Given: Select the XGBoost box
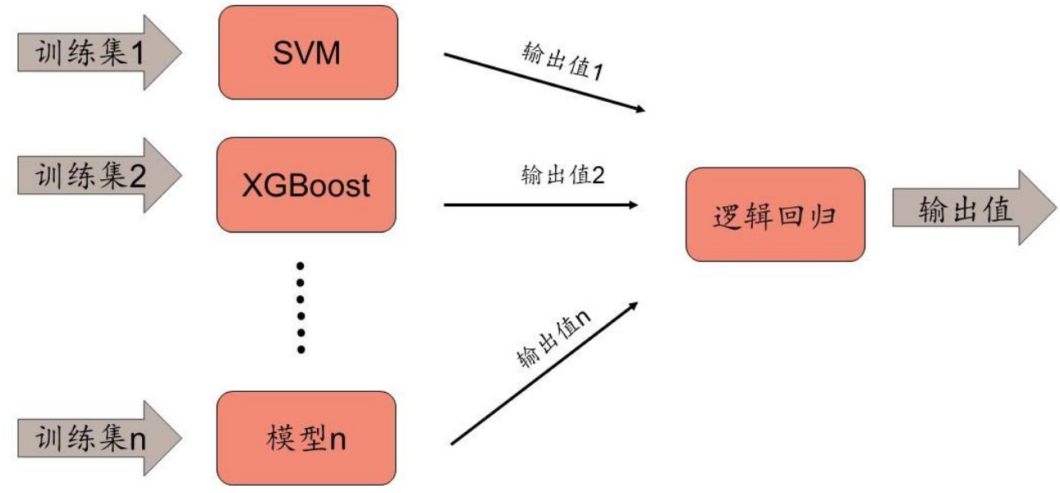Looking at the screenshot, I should (306, 185).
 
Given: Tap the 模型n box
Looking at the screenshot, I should (306, 438).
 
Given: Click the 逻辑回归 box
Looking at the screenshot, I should (775, 214).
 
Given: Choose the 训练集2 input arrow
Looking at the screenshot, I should (99, 175).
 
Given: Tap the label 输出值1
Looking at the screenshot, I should (562, 59).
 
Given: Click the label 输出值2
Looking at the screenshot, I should (562, 175).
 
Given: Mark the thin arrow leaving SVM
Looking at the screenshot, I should (542, 82).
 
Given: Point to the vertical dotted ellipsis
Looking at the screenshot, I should (301, 307).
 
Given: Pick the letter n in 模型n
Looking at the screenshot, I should (337, 439).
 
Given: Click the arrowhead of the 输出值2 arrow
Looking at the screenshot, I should (633, 205).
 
